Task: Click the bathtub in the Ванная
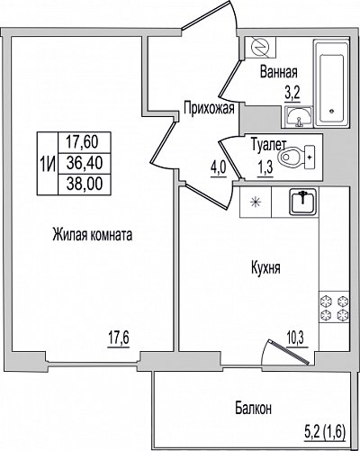tap(331, 83)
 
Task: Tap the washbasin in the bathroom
tap(299, 117)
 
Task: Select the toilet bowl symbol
tap(297, 157)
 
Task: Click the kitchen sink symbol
tap(303, 202)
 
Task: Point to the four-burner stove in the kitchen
tap(334, 307)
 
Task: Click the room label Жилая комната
tap(93, 235)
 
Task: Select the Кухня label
tap(265, 267)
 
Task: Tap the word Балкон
tap(254, 408)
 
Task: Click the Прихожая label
tap(209, 108)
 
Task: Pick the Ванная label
tap(279, 72)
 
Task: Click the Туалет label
tap(267, 145)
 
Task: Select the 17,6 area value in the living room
tap(119, 338)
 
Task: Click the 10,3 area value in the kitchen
tap(297, 338)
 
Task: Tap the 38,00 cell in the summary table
tap(85, 184)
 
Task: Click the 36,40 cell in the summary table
tap(85, 163)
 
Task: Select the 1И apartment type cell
tap(48, 164)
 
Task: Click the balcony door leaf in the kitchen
tap(289, 352)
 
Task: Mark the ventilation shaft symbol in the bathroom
tap(260, 47)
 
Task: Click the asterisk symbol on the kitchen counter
tap(256, 202)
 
